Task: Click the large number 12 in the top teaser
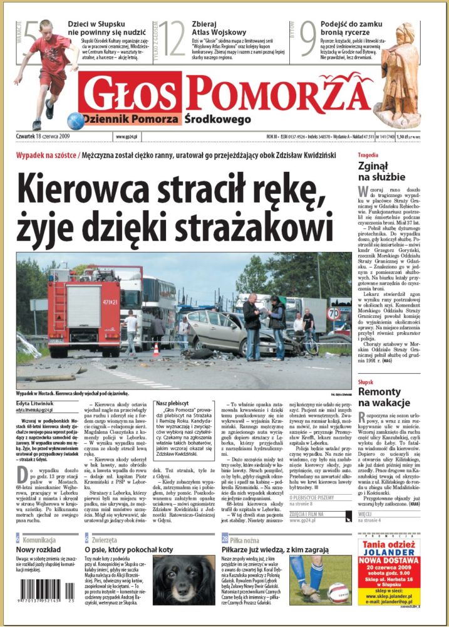[170, 39]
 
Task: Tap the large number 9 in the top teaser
[307, 39]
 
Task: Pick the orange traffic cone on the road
[156, 349]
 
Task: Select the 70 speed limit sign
[335, 312]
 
